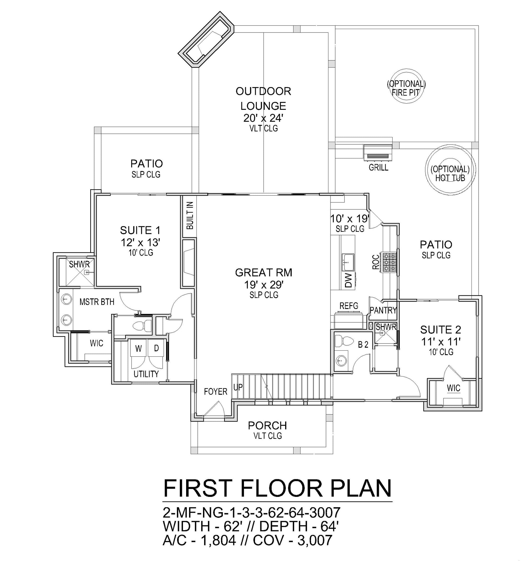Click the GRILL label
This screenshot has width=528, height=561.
(378, 168)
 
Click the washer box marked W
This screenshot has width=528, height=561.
(138, 349)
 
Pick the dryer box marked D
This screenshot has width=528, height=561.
(156, 349)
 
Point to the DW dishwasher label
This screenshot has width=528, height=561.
(349, 280)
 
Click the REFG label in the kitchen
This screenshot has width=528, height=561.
(349, 306)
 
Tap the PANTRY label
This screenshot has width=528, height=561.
(383, 310)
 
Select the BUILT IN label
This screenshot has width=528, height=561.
(190, 215)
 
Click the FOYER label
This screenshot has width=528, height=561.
(216, 392)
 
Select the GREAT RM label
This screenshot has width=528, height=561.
(263, 273)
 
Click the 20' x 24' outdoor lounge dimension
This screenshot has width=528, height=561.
(263, 118)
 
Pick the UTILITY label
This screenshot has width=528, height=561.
(146, 374)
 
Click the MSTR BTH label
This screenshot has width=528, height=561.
(97, 302)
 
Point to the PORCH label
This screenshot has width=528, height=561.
(267, 425)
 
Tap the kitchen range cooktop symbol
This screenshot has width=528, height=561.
(389, 262)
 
